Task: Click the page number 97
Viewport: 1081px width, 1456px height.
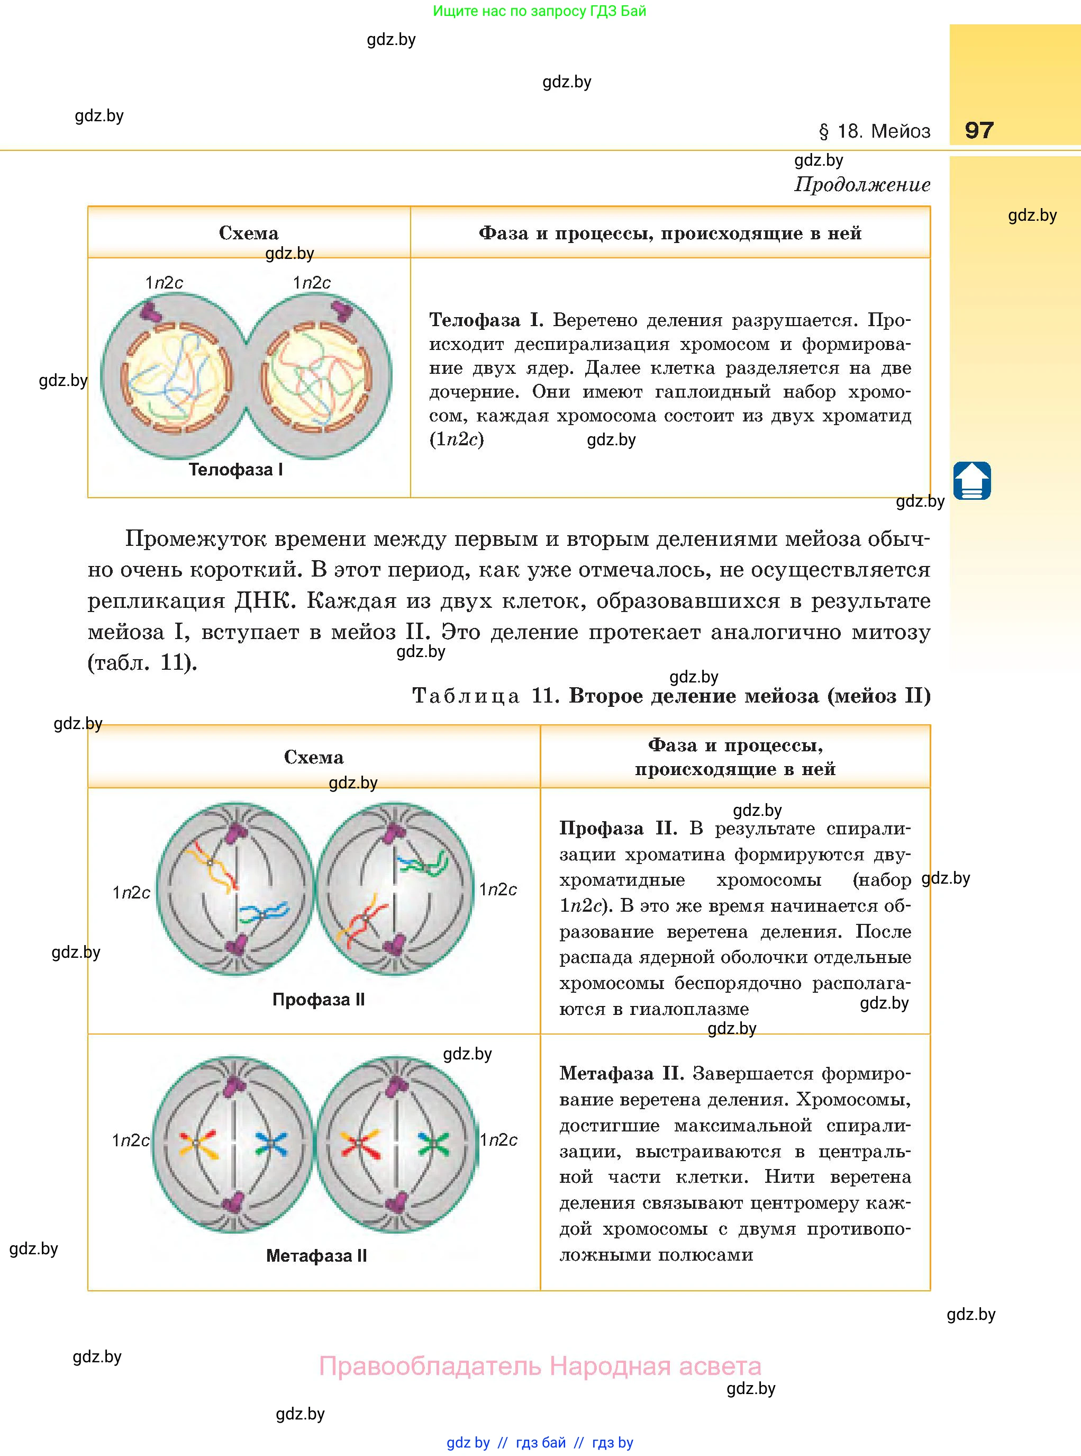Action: click(979, 130)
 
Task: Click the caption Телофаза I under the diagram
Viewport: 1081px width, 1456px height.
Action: click(235, 470)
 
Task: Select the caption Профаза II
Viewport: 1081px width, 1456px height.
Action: click(318, 1000)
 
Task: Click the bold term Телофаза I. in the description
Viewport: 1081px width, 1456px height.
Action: click(486, 320)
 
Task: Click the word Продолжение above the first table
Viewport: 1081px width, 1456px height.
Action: click(862, 185)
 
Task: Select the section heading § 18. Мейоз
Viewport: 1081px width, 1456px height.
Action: click(874, 131)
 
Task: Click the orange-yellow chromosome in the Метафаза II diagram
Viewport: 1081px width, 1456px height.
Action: click(197, 1144)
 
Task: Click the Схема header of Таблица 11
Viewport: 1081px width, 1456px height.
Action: click(313, 758)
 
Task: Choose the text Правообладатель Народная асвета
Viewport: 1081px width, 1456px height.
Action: click(540, 1367)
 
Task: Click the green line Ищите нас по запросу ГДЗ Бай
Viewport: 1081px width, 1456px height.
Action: click(539, 11)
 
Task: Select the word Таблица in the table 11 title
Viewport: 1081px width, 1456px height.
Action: click(466, 696)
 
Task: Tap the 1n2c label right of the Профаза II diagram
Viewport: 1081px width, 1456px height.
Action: click(498, 889)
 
